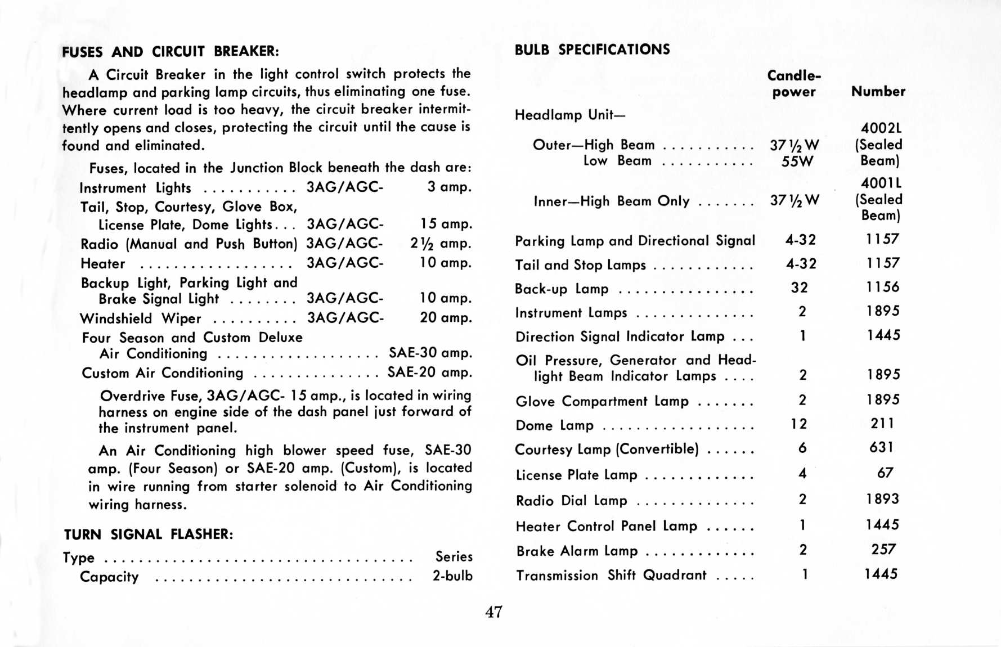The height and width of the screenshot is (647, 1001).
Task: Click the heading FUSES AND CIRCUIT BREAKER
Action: click(x=170, y=52)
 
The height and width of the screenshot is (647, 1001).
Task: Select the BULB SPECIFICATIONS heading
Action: click(x=592, y=50)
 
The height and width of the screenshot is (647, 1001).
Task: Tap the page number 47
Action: click(x=493, y=612)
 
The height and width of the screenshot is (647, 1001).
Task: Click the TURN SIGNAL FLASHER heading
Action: click(x=148, y=534)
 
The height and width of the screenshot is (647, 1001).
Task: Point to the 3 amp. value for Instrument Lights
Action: click(x=449, y=187)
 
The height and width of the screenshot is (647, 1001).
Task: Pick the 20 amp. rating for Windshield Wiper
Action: click(x=446, y=317)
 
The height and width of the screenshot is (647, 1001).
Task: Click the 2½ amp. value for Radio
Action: click(x=441, y=244)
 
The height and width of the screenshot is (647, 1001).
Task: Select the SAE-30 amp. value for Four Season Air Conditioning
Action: click(x=430, y=353)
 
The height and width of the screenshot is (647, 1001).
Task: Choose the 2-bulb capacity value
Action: click(x=452, y=576)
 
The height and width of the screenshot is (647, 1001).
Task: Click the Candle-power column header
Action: click(x=794, y=83)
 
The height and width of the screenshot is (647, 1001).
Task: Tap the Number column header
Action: click(x=878, y=91)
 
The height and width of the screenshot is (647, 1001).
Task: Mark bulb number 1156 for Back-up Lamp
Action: click(x=882, y=287)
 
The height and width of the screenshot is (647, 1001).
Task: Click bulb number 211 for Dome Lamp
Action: click(x=882, y=423)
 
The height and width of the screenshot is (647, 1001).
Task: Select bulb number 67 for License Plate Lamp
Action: click(x=885, y=473)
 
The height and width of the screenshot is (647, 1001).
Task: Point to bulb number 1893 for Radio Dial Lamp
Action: click(x=882, y=499)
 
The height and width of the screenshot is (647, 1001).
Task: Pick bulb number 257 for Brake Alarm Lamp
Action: click(x=883, y=549)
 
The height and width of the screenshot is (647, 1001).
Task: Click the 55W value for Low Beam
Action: click(x=797, y=161)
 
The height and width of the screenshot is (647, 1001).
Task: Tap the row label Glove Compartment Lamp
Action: click(x=602, y=401)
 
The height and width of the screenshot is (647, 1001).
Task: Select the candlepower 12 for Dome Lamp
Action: click(x=799, y=424)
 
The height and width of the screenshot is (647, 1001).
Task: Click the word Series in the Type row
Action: click(x=454, y=556)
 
